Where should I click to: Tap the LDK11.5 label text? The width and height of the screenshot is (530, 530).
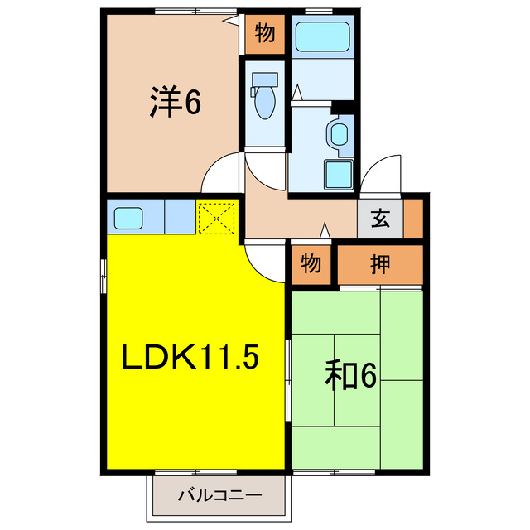point(191,357)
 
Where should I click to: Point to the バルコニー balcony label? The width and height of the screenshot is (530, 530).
point(220,497)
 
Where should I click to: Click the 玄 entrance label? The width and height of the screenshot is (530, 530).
point(380,219)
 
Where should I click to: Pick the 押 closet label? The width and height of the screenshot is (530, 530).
point(380,265)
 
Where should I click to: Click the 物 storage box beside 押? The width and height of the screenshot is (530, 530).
point(311,265)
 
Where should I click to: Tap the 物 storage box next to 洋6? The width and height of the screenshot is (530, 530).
point(264,34)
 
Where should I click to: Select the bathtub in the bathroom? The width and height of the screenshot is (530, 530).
point(324,37)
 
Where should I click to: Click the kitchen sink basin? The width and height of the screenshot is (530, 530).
point(129,219)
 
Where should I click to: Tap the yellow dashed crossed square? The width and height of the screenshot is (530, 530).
point(217,218)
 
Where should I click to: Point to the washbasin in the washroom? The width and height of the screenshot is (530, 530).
point(339,133)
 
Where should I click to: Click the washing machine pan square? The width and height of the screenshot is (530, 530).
point(339,175)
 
